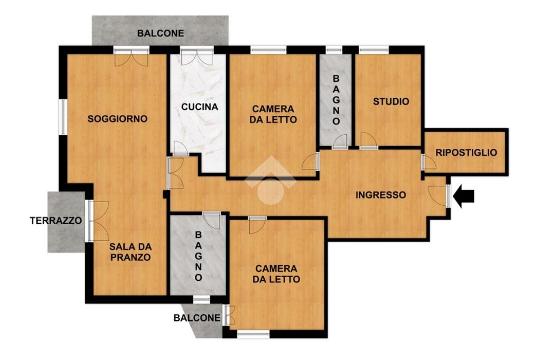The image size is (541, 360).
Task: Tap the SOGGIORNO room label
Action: pos(117,119)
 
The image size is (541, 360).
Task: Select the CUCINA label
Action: pos(200,107)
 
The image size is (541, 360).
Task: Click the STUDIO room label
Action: pos(391,101)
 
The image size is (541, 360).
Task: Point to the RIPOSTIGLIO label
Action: pos(466,153)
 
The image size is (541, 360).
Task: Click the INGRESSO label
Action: pos(380,195)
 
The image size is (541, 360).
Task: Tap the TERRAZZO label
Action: pos(56,220)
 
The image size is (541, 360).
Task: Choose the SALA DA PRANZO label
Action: pos(130,252)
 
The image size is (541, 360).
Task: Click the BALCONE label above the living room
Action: pos(161,33)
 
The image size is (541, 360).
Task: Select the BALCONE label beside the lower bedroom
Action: pos(197,318)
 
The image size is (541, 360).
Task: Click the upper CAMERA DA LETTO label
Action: pos(274,114)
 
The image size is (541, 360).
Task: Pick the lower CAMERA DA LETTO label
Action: pos(276,274)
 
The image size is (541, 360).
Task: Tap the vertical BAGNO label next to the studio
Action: pos(335,100)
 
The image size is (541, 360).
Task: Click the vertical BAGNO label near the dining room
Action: pos(198,256)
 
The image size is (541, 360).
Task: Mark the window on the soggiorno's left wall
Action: pos(63,117)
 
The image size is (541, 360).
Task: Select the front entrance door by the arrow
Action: pos(439,196)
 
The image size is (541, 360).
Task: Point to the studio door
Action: pos(368,140)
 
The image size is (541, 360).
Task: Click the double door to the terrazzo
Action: pos(98,221)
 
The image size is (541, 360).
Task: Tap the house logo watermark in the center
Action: pos(270,181)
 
